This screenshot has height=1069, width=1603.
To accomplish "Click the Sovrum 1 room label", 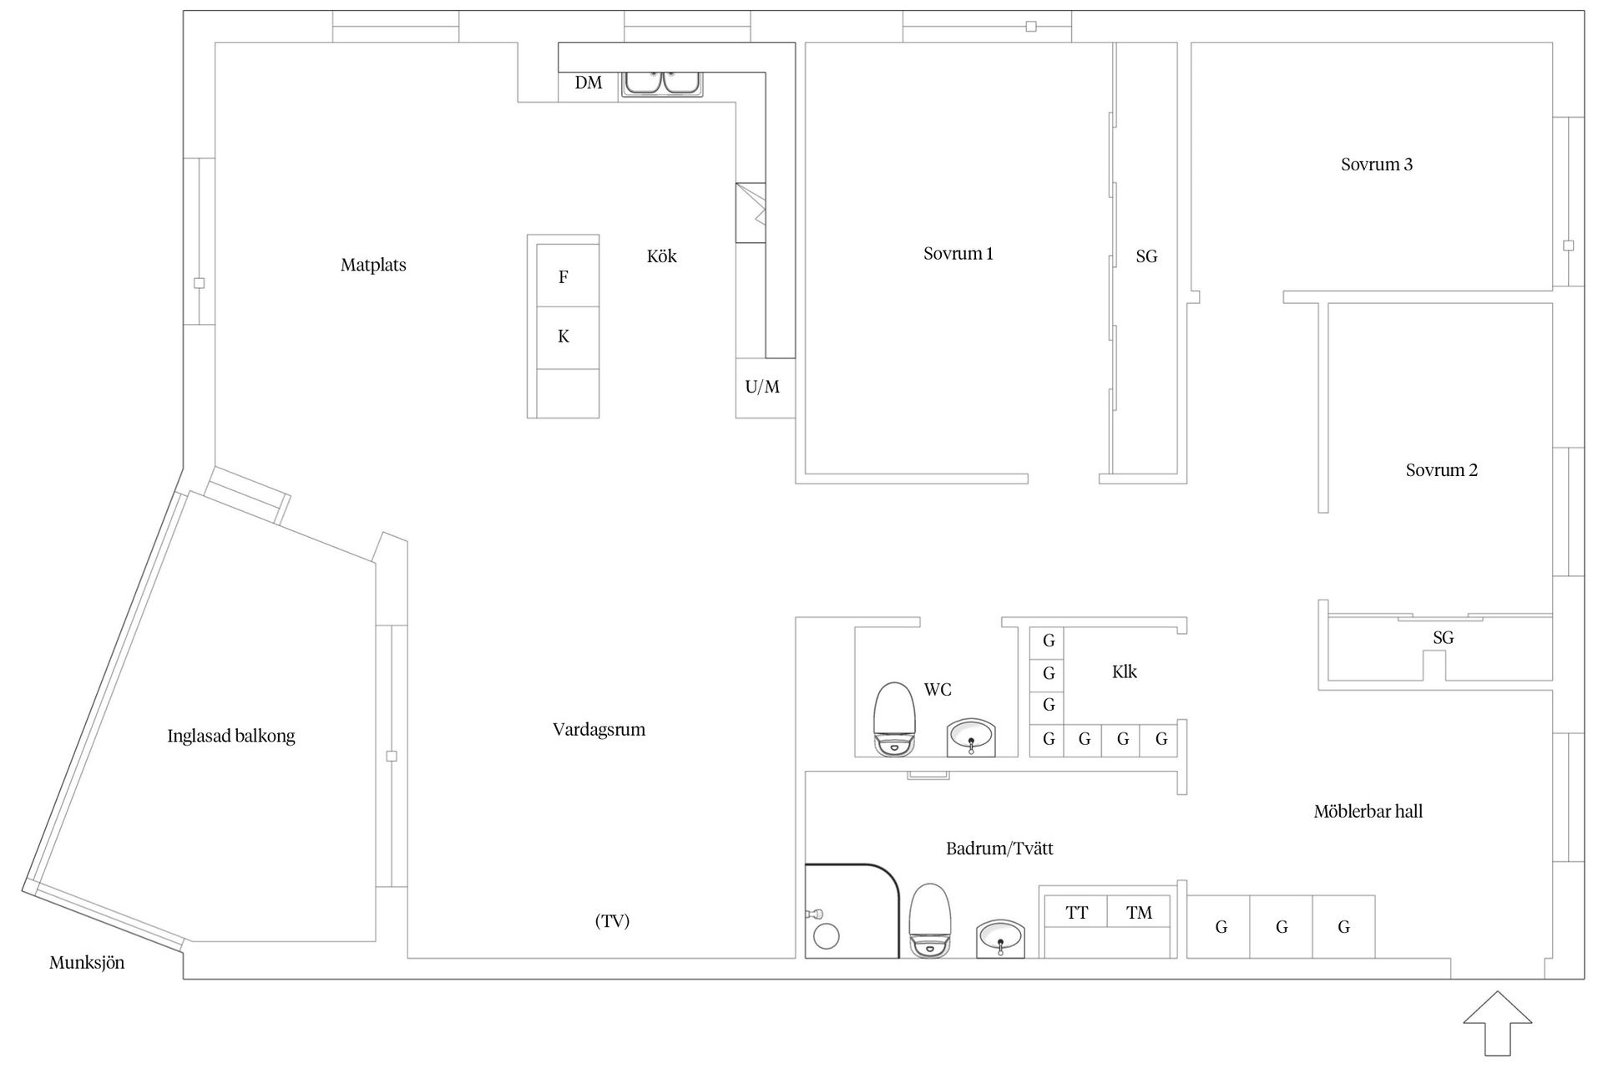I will pos(958,254).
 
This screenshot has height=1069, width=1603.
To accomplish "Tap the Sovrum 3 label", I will pos(1377,165).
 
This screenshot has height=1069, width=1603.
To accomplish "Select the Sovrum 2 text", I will pos(1441,470).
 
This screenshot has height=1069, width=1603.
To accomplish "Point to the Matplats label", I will pos(373,266).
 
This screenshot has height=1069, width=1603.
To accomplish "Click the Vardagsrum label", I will pos(599,730).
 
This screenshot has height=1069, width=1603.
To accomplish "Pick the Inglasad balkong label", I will pos(231,737).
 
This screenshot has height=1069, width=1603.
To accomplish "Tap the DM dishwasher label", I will pos(589,83).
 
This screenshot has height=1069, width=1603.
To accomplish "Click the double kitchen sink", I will pos(663,83).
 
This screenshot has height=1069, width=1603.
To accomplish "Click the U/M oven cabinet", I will pos(763,388).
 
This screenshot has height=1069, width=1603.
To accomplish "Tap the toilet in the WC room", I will pos(894,718).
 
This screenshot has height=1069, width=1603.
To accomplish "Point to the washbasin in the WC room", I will pos(971,737).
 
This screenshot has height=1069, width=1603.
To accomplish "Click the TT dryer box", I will pos(1076,913).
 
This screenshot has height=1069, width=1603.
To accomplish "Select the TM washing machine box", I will pos(1139,913).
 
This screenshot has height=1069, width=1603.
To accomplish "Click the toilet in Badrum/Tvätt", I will pos(929,919).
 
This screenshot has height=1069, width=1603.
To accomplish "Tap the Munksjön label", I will pos(87,963).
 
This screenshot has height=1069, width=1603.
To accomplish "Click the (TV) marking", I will pos(612,921).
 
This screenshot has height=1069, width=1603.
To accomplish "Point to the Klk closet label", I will pos(1124,672).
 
